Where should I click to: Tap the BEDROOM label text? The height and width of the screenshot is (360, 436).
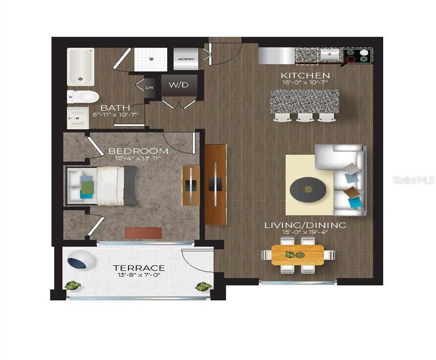click(x=138, y=150)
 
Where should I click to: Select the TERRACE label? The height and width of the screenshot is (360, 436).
click(x=139, y=268)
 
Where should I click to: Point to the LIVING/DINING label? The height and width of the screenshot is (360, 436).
click(x=305, y=225)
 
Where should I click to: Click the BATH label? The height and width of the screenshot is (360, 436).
click(x=115, y=107)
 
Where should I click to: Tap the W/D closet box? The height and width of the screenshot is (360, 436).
click(x=179, y=85)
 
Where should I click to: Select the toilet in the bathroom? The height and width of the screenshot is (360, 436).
click(x=83, y=96)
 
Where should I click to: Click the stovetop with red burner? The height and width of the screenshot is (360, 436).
click(x=357, y=56)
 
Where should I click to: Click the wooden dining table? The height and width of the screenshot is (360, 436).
click(x=297, y=254)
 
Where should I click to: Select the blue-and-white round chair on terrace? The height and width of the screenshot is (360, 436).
click(x=79, y=261)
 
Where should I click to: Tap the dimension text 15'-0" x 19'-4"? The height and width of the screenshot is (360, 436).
click(x=305, y=233)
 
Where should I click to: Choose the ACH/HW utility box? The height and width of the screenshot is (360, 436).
click(x=184, y=59)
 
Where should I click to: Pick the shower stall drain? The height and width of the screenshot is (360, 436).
click(x=150, y=58)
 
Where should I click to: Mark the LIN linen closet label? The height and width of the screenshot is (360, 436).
click(x=149, y=87)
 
